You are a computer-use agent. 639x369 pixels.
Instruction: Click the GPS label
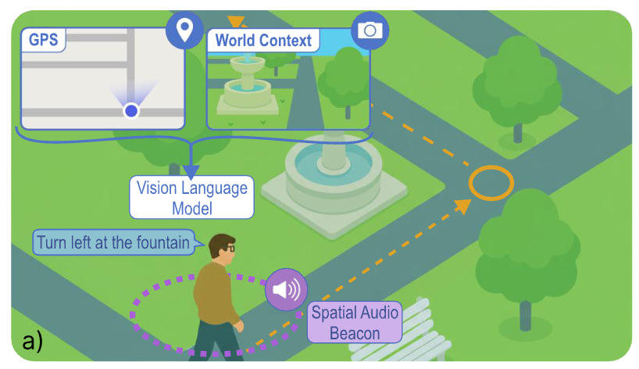[x=43, y=40]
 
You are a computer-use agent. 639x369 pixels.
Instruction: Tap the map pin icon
[x=184, y=30]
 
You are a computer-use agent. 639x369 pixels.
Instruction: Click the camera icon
[x=370, y=30]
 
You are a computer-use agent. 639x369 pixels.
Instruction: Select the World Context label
[x=263, y=41]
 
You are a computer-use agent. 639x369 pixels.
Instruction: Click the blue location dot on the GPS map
[x=131, y=110]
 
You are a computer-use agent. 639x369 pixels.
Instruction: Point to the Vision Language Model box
[x=191, y=197]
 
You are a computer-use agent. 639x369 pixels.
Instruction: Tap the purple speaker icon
[x=286, y=289]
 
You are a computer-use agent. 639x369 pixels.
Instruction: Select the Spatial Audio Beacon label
[x=355, y=323]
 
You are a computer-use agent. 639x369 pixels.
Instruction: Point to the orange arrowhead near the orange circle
[x=463, y=206]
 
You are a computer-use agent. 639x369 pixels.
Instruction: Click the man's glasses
[x=230, y=248]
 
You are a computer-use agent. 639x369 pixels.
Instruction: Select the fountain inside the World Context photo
[x=248, y=85]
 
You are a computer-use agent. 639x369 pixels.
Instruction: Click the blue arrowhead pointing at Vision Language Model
[x=191, y=172]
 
